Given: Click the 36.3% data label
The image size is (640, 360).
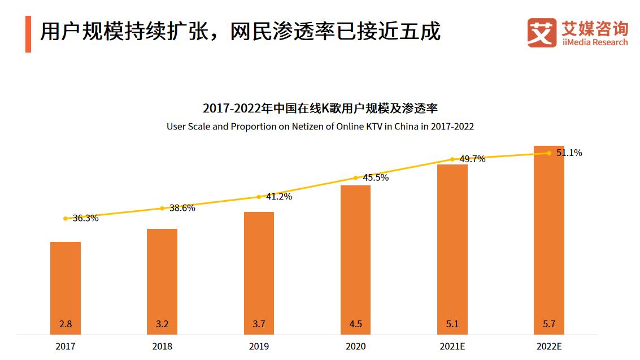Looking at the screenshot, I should click(85, 218).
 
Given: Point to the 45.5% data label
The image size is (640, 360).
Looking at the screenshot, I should click(376, 177).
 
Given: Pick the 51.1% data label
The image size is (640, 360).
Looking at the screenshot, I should click(569, 153).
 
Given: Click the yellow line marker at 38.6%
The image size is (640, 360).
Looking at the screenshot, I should click(162, 209).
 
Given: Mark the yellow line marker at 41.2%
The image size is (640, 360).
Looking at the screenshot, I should click(259, 197).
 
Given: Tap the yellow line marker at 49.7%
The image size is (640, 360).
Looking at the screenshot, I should click(452, 159).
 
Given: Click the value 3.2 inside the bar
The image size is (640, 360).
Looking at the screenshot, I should click(162, 324).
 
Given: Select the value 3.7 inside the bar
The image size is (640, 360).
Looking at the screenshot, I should click(259, 324).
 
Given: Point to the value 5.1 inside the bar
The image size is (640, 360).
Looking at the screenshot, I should click(452, 324).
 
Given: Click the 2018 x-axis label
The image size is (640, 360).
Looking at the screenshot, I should click(162, 346).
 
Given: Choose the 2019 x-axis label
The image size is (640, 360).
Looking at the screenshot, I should click(259, 346).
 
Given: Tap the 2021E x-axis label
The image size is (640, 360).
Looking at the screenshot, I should click(452, 346).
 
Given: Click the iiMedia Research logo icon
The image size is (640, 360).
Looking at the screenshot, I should click(542, 33).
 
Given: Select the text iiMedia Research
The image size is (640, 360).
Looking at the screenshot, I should click(595, 42).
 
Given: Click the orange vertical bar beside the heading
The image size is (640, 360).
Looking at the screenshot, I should click(28, 34).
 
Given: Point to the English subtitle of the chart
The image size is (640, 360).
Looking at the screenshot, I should click(320, 127).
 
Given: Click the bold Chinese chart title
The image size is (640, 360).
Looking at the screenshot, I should click(320, 108).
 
